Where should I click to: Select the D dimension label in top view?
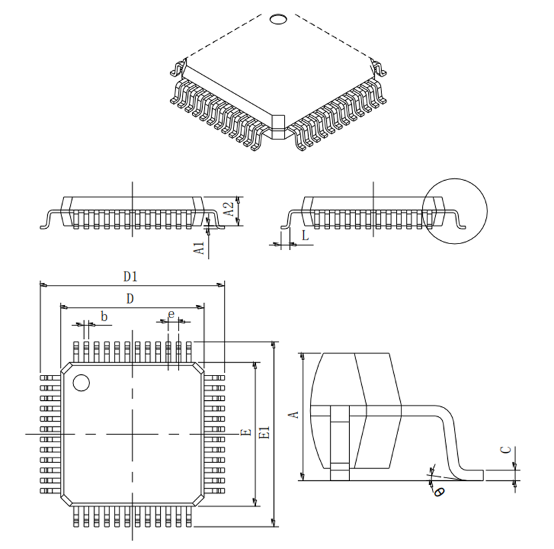[130, 299]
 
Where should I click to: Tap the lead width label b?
[104, 316]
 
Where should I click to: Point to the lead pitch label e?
[171, 314]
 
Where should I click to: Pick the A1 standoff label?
[199, 249]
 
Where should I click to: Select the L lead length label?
[305, 235]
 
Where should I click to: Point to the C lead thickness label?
[507, 450]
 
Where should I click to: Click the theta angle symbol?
[439, 492]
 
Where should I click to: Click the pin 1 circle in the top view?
[81, 383]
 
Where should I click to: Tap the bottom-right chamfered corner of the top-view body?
[198, 498]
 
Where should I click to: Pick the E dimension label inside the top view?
[245, 434]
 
